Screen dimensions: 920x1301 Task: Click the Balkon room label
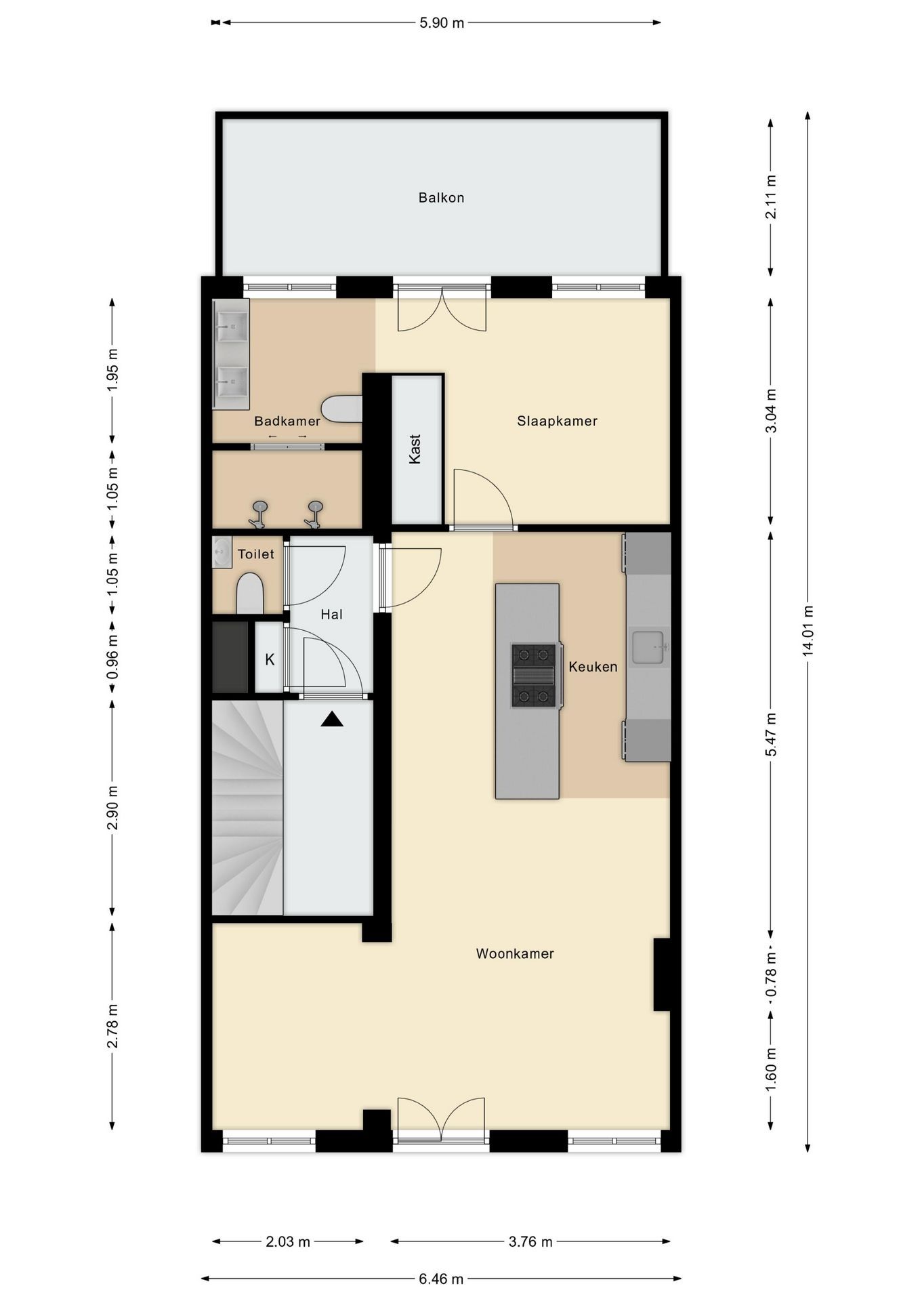pos(441,198)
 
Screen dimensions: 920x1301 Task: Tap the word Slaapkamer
pos(557,421)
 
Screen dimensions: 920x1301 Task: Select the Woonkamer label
pos(515,953)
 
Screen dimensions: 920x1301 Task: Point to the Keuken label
pos(593,667)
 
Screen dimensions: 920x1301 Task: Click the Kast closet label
pos(415,449)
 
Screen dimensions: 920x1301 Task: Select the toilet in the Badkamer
pos(342,409)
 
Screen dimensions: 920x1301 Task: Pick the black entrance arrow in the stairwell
pos(332,719)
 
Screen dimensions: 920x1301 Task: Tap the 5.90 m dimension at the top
pos(442,23)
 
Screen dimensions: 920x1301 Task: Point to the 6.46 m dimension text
pos(441,1279)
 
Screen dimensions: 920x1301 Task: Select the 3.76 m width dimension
pos(530,1241)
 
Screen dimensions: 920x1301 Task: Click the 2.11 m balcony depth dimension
pos(770,197)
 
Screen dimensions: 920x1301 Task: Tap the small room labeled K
pos(270,659)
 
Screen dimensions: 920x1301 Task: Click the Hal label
pos(331,615)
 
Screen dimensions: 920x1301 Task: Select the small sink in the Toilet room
pos(222,552)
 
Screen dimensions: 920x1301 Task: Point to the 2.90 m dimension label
pos(112,807)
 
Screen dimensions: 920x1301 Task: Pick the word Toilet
pos(256,554)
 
